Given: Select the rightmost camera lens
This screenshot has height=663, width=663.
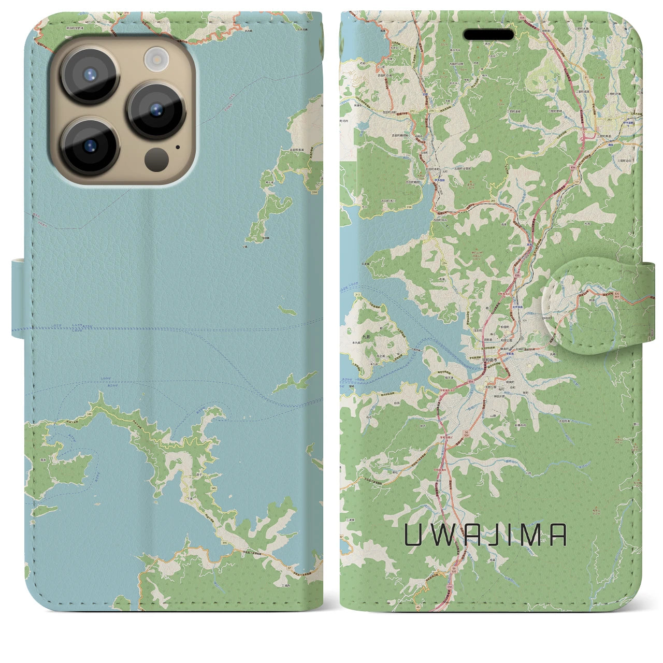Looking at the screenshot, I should (x=156, y=110).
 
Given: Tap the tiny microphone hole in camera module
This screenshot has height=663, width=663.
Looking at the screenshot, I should (x=178, y=147).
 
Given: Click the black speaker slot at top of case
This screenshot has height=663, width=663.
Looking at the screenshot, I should (x=489, y=35).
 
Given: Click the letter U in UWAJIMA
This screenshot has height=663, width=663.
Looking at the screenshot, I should (x=413, y=536).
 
